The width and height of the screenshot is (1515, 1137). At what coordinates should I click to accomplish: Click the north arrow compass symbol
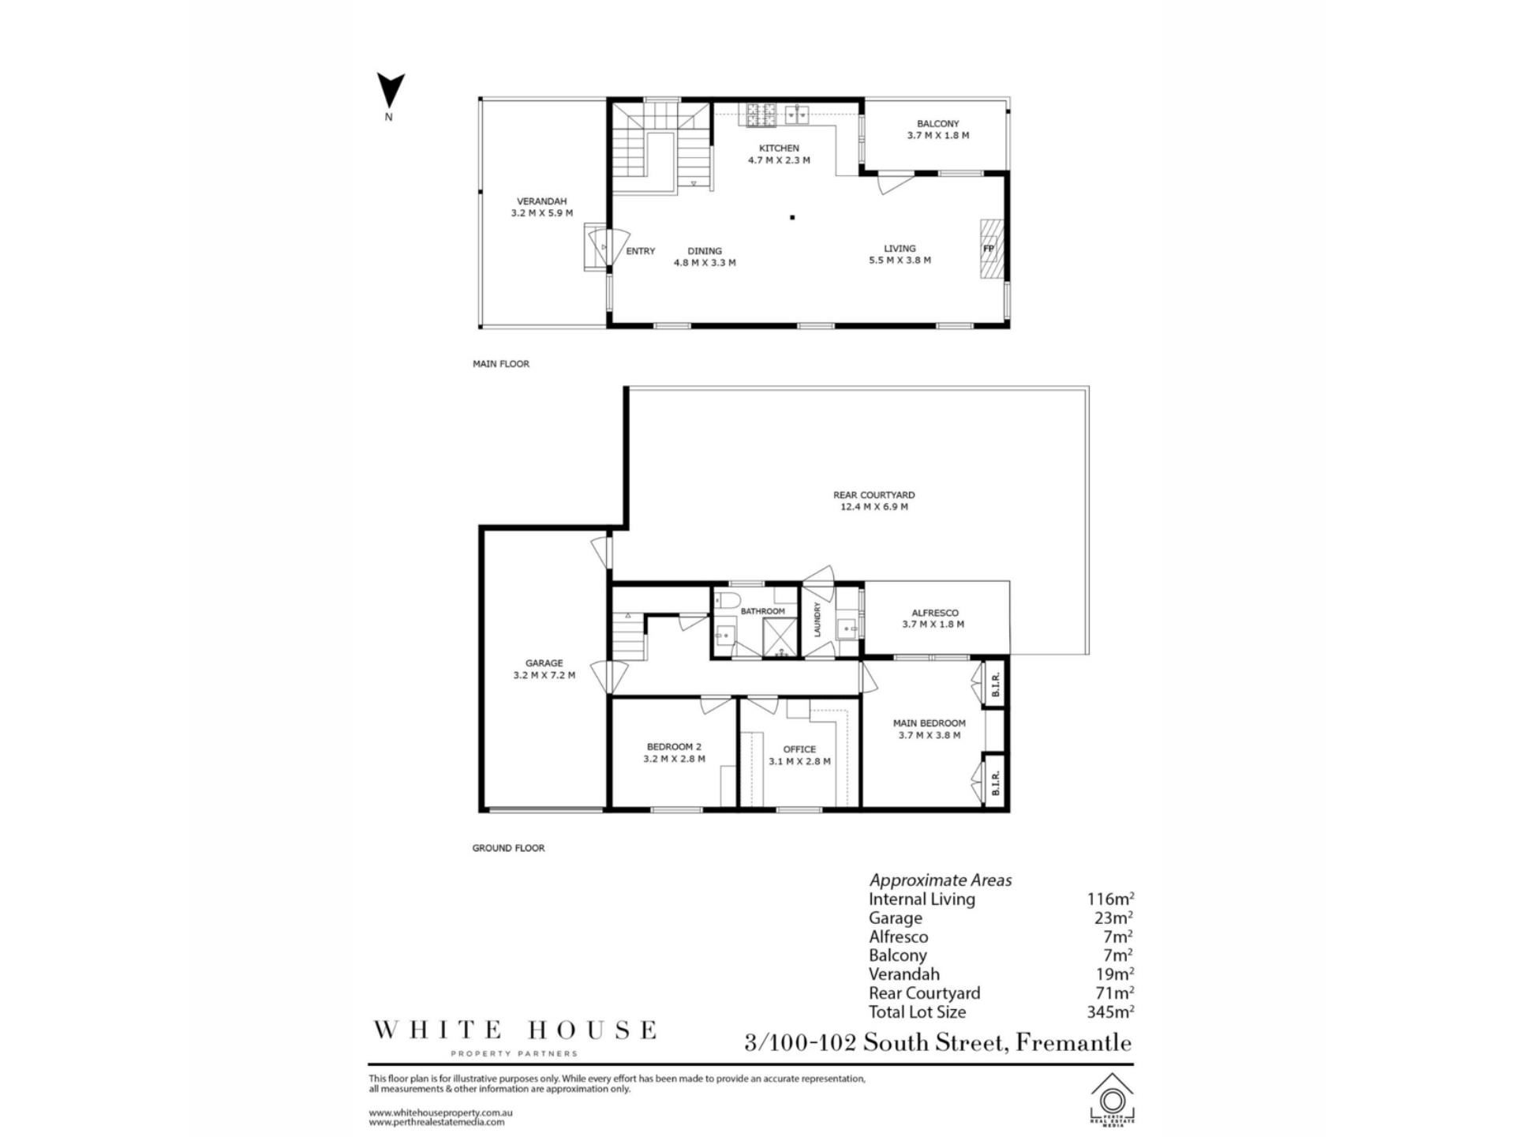click(390, 90)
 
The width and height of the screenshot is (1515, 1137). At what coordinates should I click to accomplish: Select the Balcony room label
click(937, 124)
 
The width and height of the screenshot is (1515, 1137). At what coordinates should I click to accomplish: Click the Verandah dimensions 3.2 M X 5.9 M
click(542, 213)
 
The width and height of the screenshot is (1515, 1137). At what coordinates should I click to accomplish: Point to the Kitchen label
click(779, 148)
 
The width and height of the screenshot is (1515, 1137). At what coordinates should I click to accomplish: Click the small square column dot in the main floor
click(792, 217)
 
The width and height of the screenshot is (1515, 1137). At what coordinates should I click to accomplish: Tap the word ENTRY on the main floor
click(641, 251)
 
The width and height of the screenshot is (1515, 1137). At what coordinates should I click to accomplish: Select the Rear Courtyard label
click(874, 495)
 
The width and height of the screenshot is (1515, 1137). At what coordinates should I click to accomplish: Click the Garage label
click(544, 663)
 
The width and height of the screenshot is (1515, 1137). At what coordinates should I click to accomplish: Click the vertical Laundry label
click(817, 619)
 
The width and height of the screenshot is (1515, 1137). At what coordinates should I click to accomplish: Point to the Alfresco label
click(935, 613)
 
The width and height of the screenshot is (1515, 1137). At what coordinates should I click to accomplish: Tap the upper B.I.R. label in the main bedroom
click(996, 683)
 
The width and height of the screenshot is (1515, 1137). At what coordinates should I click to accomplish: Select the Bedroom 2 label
click(674, 746)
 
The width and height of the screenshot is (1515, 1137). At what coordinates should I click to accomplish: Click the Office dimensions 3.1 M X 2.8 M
click(800, 761)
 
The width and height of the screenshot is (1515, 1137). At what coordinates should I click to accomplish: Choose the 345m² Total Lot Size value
click(1111, 1011)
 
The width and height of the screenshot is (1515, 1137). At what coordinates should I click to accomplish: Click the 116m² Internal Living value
click(1111, 899)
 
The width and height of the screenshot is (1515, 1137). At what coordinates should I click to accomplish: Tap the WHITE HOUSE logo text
click(514, 1030)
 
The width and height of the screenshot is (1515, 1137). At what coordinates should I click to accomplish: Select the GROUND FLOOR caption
click(509, 848)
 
